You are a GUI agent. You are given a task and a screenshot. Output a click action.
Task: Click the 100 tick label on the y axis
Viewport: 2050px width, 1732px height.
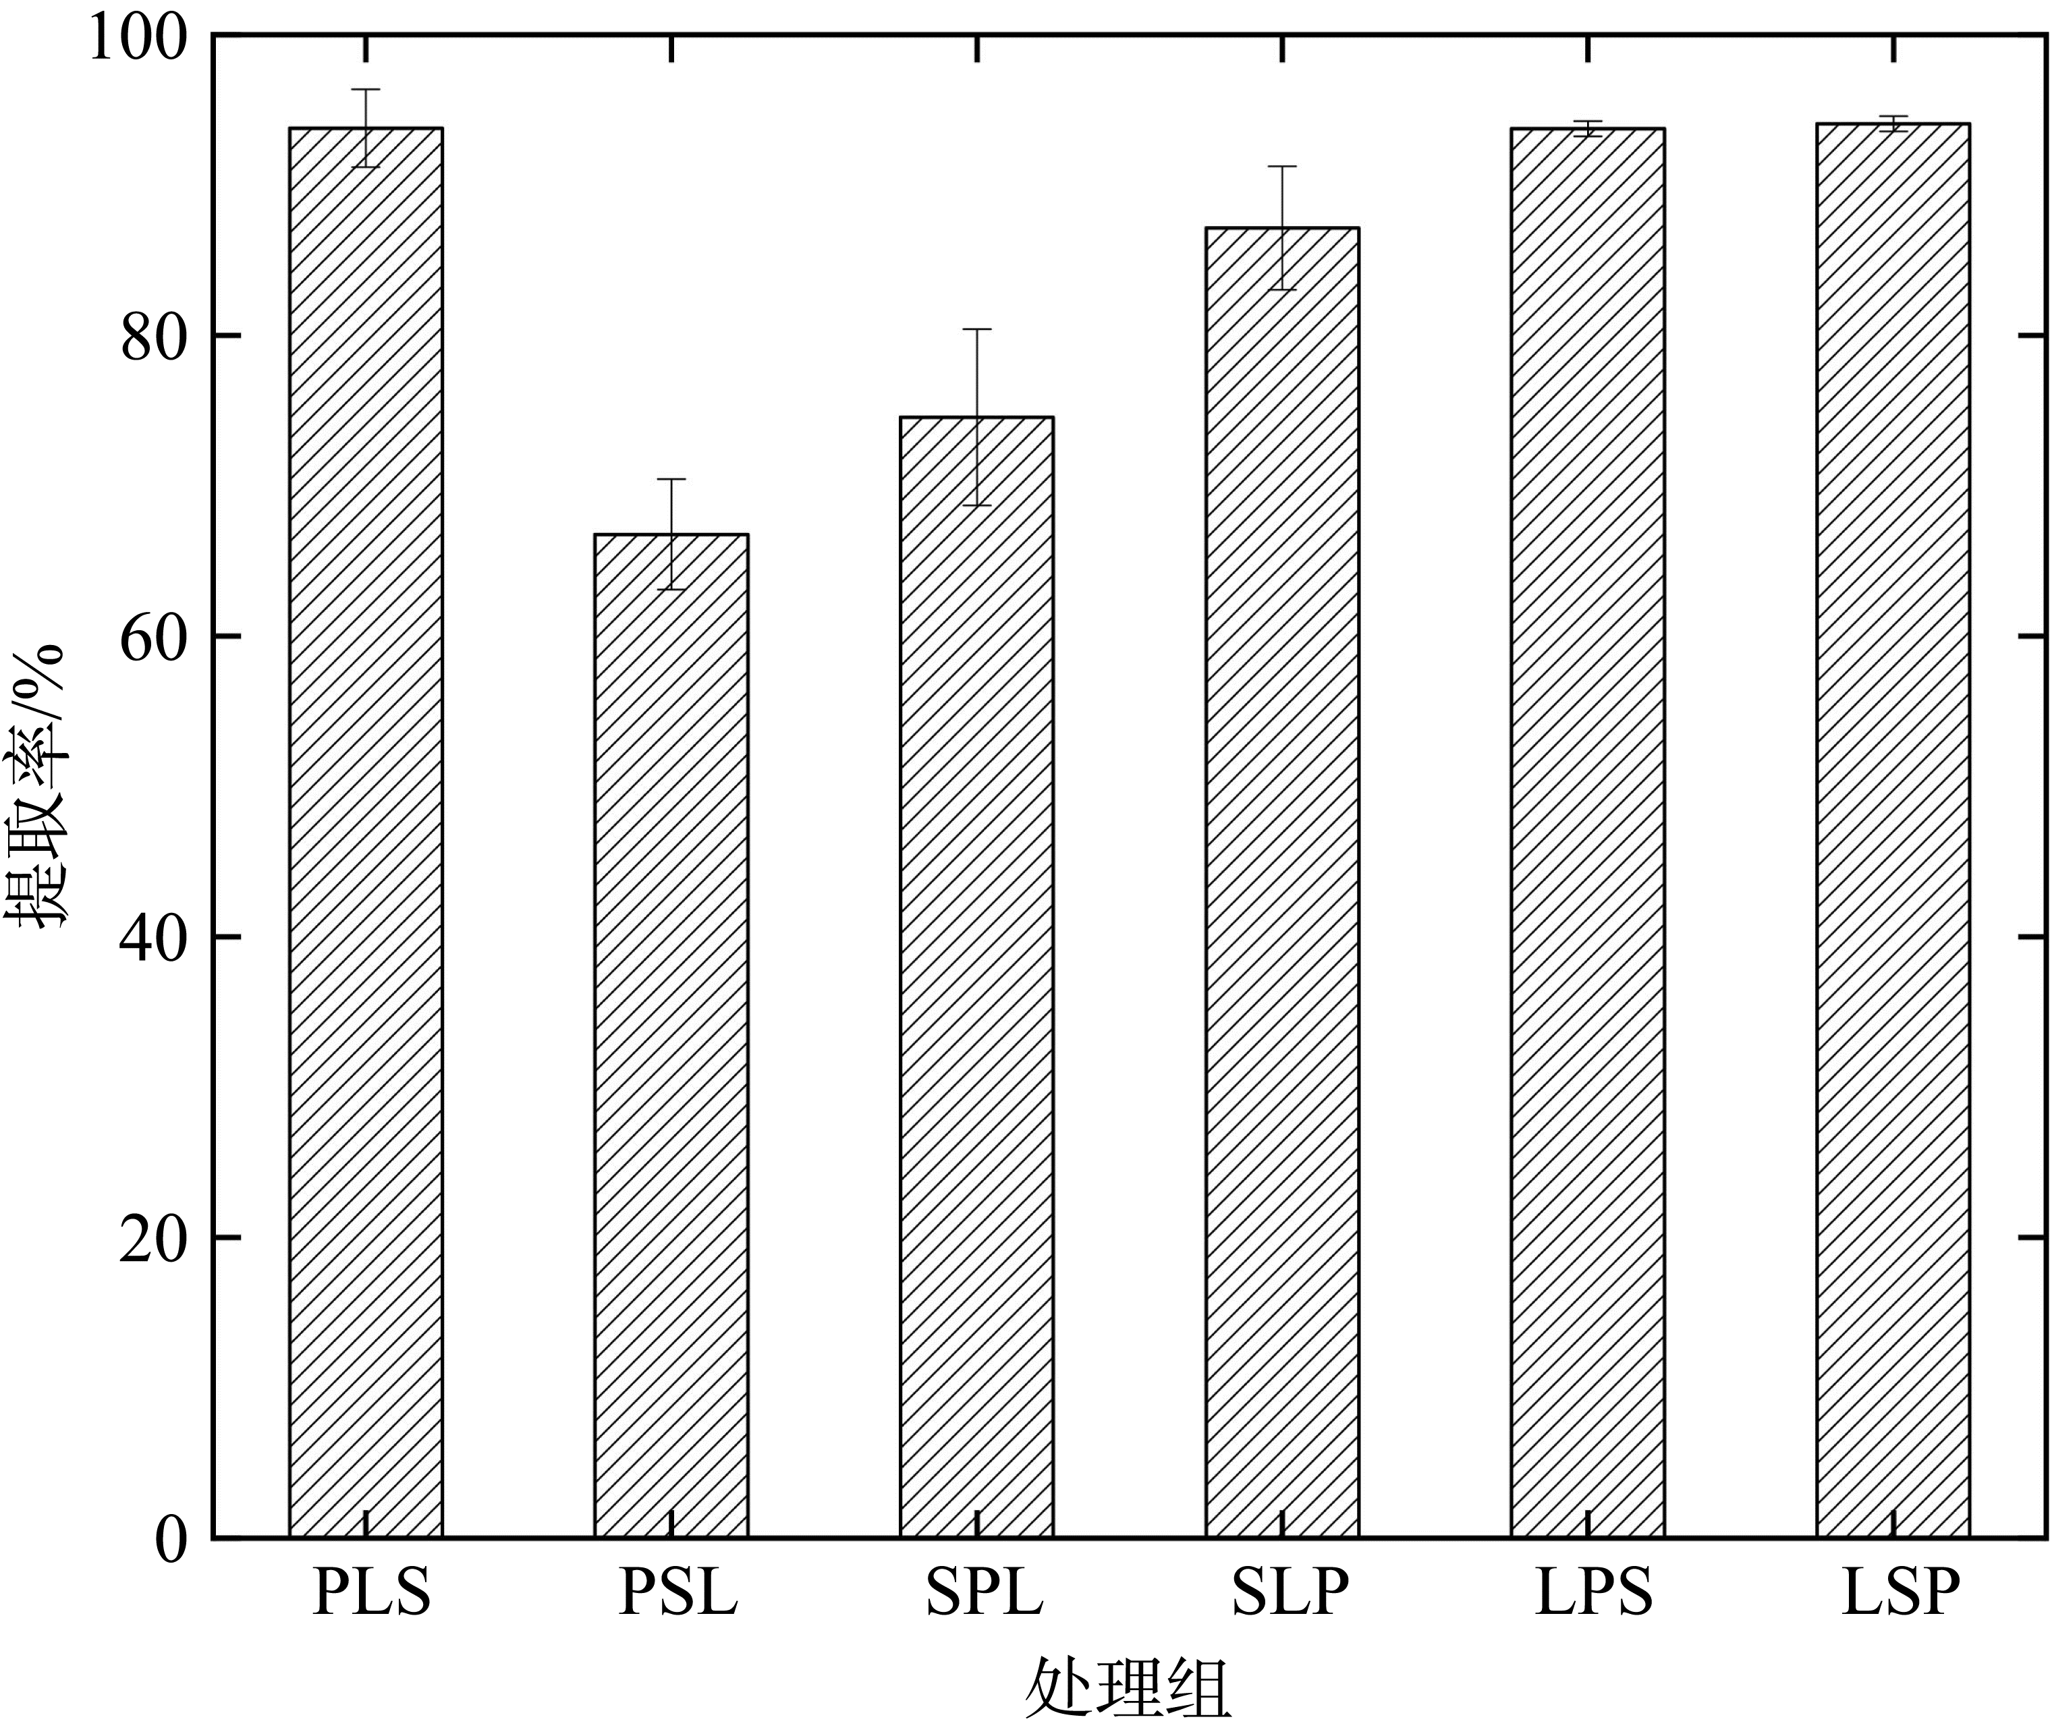(x=138, y=39)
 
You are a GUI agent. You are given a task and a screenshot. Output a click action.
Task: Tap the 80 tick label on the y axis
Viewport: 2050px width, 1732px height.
(x=153, y=339)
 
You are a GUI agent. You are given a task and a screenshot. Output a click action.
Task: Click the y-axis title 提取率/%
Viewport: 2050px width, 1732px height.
(x=39, y=785)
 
